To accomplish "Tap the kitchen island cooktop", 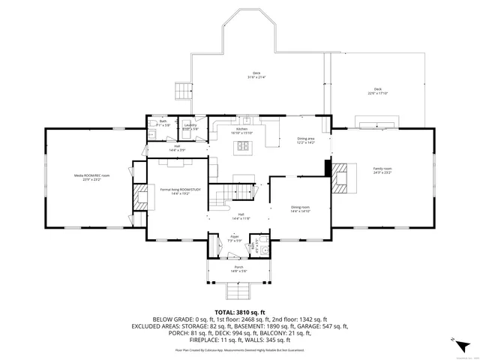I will click(x=243, y=145).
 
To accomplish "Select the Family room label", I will click(x=382, y=171).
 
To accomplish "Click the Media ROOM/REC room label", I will click(x=91, y=177).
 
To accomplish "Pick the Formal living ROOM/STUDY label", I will click(x=181, y=191).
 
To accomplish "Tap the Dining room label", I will click(x=300, y=209).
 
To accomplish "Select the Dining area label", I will click(x=305, y=140).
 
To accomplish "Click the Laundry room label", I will click(x=190, y=127).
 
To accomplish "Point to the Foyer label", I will click(x=234, y=238).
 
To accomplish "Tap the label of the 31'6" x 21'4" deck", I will click(x=256, y=75).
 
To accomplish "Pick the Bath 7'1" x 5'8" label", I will click(x=163, y=123).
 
